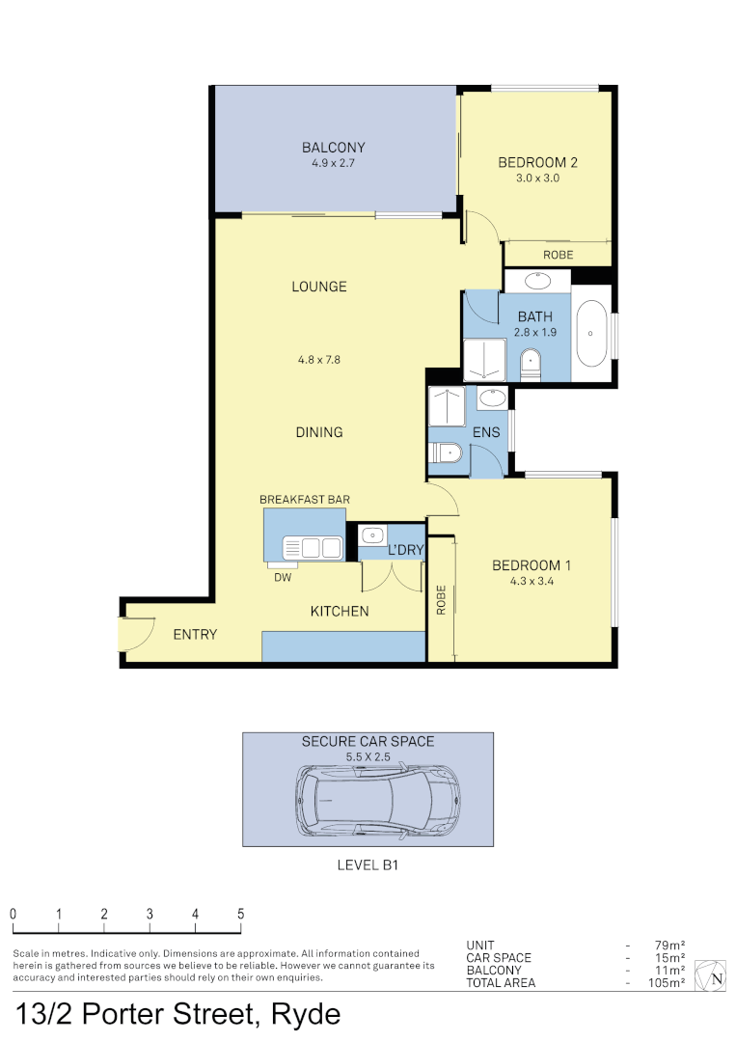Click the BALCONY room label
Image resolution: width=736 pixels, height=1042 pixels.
pyautogui.click(x=333, y=148)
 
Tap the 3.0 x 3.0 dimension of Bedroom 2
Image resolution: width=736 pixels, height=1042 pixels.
pyautogui.click(x=537, y=178)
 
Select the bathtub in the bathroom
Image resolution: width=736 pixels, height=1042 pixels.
pyautogui.click(x=591, y=333)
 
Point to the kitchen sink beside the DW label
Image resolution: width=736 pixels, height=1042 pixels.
pyautogui.click(x=313, y=548)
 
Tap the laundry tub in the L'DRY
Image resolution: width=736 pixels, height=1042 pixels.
pyautogui.click(x=371, y=535)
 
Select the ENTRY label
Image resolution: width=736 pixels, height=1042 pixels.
pyautogui.click(x=195, y=635)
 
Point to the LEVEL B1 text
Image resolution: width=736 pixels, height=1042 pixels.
pyautogui.click(x=368, y=865)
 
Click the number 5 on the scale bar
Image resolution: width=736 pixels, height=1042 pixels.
pyautogui.click(x=240, y=914)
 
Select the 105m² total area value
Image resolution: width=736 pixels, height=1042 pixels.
pyautogui.click(x=667, y=983)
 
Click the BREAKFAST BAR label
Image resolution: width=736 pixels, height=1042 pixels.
pyautogui.click(x=304, y=500)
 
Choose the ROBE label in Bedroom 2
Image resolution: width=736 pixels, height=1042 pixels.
pyautogui.click(x=558, y=255)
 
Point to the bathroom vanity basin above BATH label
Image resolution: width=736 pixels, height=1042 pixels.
pyautogui.click(x=537, y=281)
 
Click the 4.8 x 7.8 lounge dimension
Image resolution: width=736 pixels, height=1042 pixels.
pyautogui.click(x=319, y=360)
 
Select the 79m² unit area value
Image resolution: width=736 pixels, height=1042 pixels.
pyautogui.click(x=669, y=946)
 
